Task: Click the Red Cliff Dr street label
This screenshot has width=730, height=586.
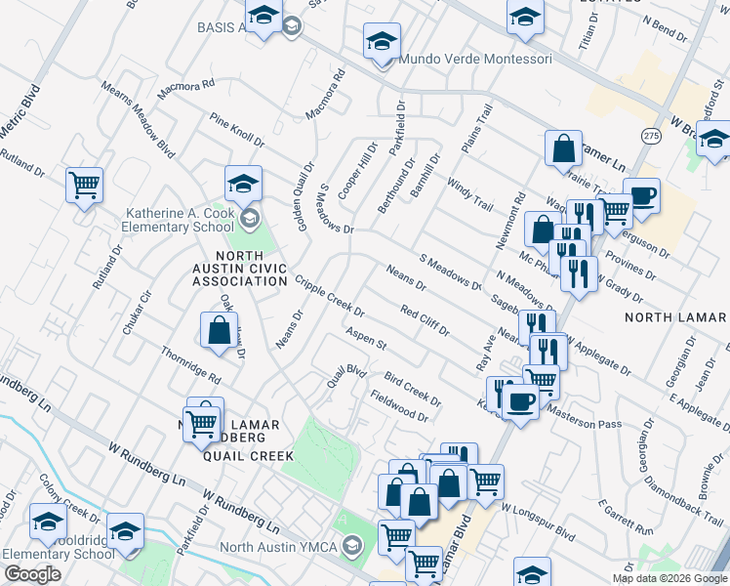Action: (425, 319)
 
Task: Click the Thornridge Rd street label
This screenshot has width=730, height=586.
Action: (191, 365)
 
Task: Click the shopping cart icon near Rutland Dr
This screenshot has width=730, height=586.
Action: (85, 184)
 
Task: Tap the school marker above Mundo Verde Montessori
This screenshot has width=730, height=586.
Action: (383, 41)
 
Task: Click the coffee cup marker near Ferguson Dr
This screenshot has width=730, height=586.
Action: (642, 196)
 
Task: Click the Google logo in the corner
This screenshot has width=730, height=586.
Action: (32, 574)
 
